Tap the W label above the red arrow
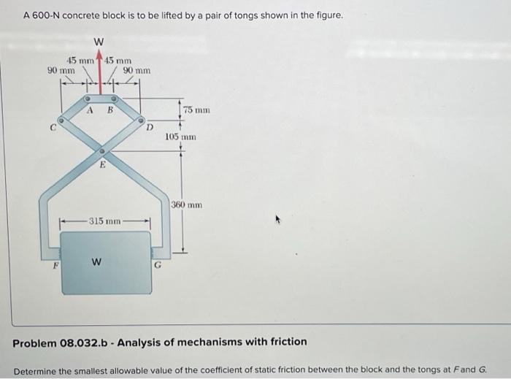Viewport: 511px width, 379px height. click(x=99, y=41)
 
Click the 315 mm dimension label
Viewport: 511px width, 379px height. click(x=105, y=220)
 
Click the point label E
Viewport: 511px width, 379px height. click(x=103, y=166)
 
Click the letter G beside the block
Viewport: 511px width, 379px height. click(x=155, y=267)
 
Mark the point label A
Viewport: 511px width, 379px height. click(x=90, y=111)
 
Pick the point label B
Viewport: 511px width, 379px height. click(x=109, y=111)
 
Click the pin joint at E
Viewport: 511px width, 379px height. click(x=102, y=151)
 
